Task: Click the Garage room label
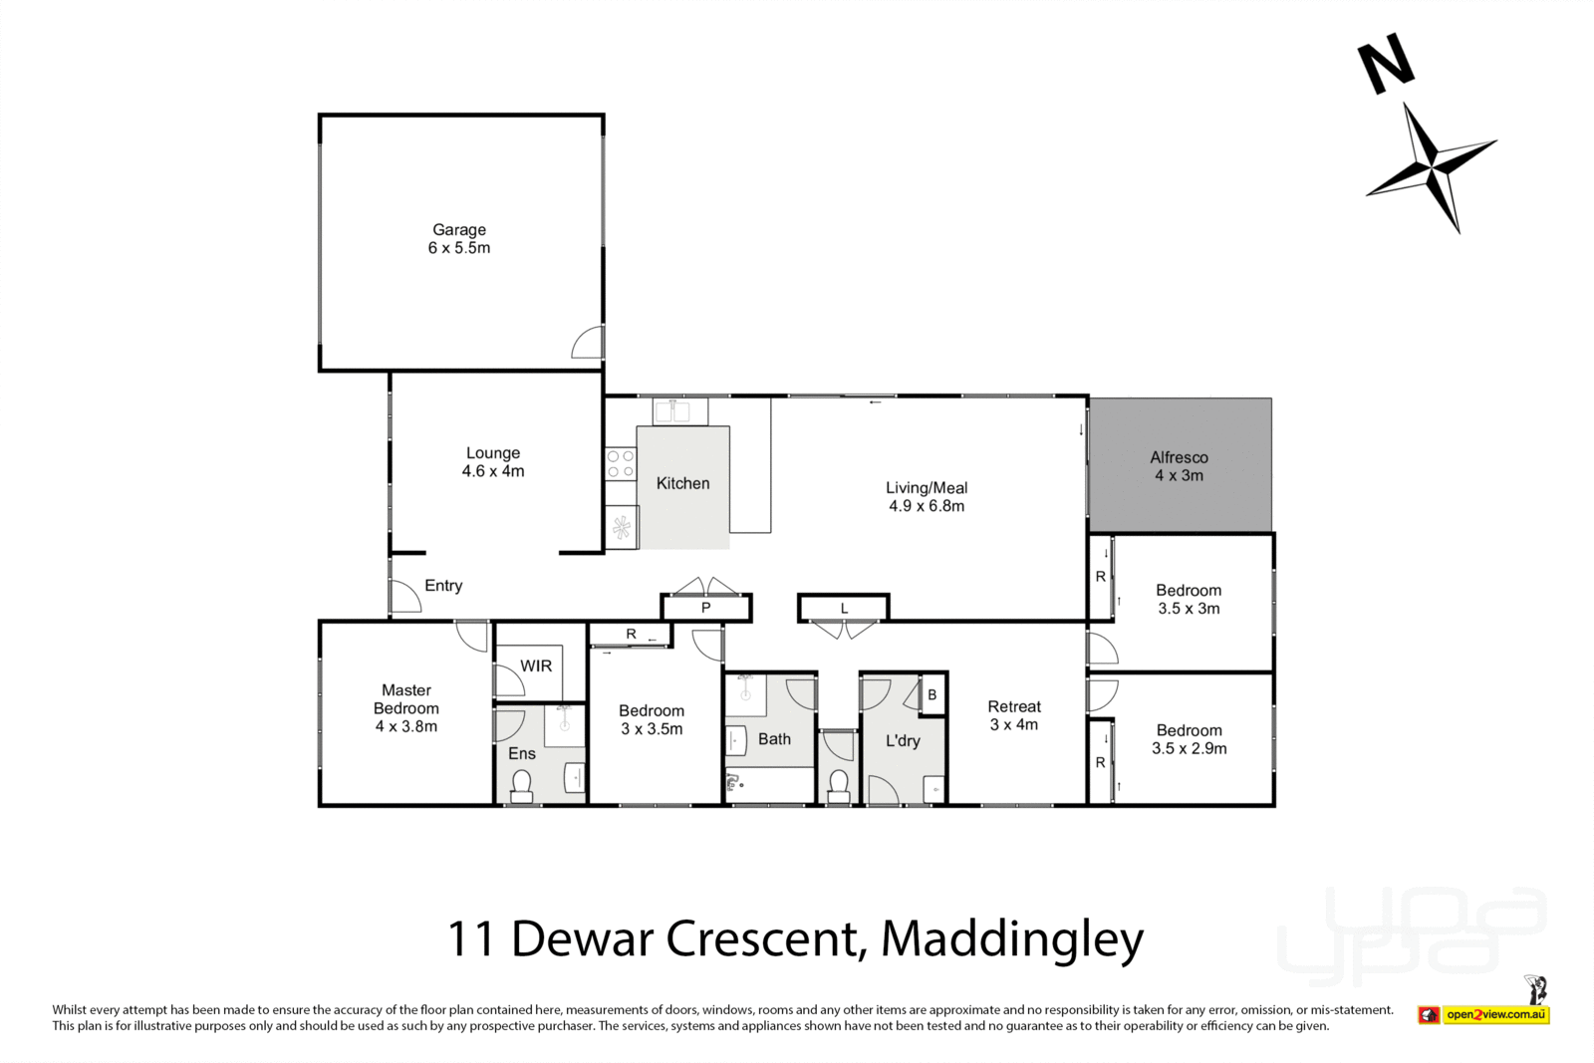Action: [x=459, y=230]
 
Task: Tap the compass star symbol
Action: [x=1432, y=167]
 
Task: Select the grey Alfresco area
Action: [x=1180, y=465]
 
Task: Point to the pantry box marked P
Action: [x=705, y=608]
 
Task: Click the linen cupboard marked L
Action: [x=843, y=608]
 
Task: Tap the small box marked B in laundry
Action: [x=932, y=694]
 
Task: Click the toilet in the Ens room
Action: [x=521, y=785]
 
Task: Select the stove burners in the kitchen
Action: [x=621, y=464]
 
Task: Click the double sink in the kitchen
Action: [x=679, y=411]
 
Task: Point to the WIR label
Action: [x=536, y=665]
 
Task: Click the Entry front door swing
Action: [x=404, y=597]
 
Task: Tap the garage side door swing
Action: [x=588, y=343]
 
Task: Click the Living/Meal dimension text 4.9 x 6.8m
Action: [x=927, y=506]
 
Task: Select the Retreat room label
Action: [x=1014, y=706]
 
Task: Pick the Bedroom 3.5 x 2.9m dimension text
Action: [x=1189, y=748]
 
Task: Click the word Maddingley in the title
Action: [x=1012, y=938]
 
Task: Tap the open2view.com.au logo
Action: [x=1494, y=1014]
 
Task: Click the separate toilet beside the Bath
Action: [x=838, y=784]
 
